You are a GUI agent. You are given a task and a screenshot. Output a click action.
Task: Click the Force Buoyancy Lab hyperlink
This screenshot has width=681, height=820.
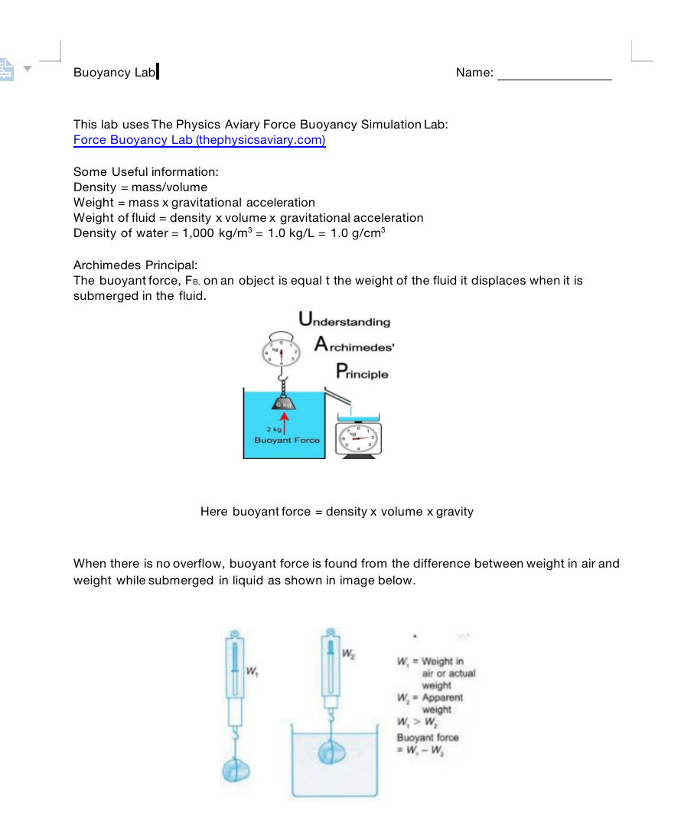pos(199,140)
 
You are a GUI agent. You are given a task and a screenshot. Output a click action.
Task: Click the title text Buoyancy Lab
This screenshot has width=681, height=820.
pos(114,73)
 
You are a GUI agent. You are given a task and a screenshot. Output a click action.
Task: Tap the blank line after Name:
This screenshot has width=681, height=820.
pos(554,74)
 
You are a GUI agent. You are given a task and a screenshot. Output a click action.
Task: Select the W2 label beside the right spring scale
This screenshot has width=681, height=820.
pos(348,654)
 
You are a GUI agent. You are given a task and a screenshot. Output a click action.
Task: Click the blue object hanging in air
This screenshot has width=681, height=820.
pos(237,768)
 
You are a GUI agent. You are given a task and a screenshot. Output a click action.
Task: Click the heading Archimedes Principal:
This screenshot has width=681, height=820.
pos(135,265)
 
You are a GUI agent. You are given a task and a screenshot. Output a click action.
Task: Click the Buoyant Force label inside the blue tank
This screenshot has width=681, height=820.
pos(286,441)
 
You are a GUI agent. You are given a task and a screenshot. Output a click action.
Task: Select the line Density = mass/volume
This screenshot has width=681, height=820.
pos(140,187)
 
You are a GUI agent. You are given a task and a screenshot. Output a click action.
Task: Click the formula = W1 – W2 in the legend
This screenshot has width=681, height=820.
pos(421,751)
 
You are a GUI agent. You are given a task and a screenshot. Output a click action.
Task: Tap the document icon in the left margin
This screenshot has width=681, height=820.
pos(7,70)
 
